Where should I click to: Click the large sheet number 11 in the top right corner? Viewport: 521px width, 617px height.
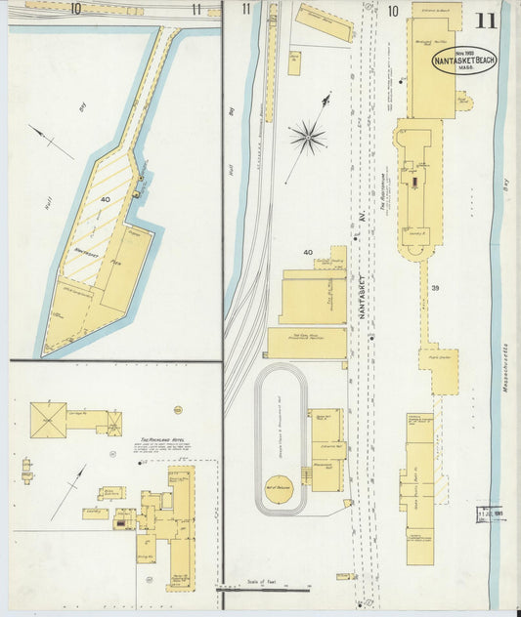(485, 21)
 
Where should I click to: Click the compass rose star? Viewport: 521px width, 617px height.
(307, 137)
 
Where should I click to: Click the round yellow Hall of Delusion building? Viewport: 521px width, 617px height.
(279, 490)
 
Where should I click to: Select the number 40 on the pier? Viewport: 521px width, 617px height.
(105, 200)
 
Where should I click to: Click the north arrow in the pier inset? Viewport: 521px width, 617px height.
(51, 142)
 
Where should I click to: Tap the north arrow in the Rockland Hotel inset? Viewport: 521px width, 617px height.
(67, 491)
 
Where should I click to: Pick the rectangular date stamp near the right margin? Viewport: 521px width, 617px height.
(489, 514)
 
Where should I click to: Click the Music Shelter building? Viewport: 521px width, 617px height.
(439, 370)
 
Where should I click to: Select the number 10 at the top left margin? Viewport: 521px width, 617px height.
(75, 9)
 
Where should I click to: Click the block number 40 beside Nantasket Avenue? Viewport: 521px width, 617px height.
(308, 253)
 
